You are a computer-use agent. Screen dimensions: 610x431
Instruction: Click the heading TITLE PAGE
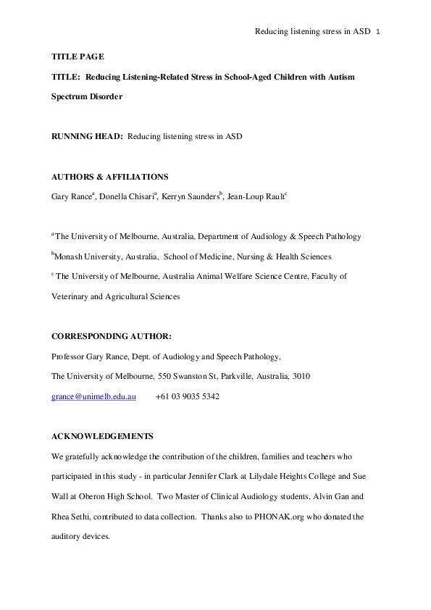pos(78,56)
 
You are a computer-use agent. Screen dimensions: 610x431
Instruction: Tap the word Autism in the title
pos(340,76)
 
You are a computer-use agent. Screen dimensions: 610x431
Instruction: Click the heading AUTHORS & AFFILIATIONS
pos(109,177)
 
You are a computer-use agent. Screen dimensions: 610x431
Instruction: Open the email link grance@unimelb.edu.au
pos(93,397)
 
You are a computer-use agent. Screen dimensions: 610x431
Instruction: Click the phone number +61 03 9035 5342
pos(187,397)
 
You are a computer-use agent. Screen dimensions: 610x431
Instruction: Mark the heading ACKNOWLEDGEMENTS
pos(102,437)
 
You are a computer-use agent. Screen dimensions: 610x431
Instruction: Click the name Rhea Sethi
pos(70,517)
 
